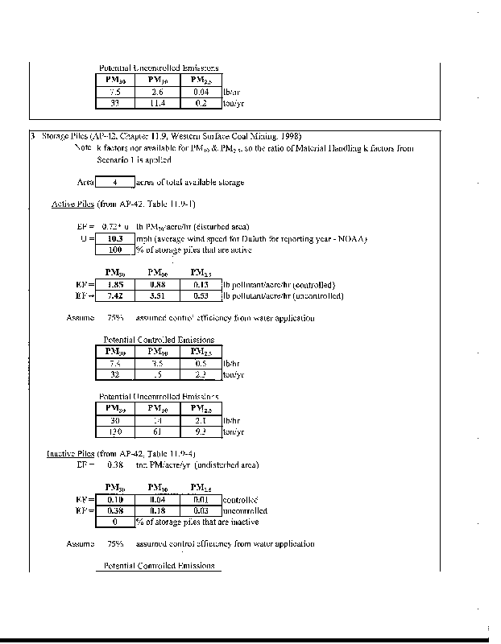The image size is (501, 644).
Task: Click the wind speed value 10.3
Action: [x=114, y=239]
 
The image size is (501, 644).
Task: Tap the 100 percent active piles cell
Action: [x=114, y=250]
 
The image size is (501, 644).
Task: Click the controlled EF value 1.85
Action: [x=114, y=285]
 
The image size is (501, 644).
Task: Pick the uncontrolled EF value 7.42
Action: [x=114, y=295]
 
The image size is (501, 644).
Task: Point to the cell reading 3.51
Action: [x=158, y=295]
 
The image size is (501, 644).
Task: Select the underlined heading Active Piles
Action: [x=68, y=204]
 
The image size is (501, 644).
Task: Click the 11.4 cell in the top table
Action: [x=158, y=103]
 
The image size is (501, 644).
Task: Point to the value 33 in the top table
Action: [x=114, y=103]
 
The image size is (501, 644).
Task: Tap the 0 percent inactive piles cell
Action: [x=114, y=522]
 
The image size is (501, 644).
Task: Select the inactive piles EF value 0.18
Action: [x=158, y=510]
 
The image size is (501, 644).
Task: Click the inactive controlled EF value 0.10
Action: [x=114, y=500]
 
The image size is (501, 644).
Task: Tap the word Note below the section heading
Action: [x=83, y=149]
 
